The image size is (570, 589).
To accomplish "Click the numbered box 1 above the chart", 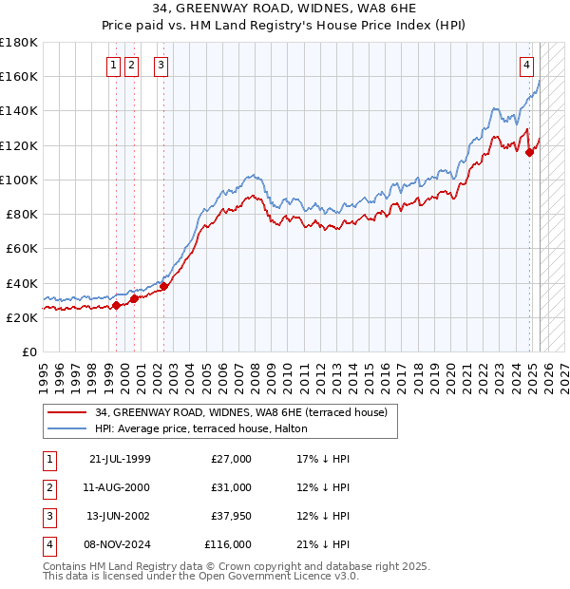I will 113,66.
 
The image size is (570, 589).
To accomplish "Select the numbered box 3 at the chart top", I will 161,66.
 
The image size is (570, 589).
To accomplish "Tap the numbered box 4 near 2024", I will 526,66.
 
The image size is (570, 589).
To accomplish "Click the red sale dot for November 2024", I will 529,153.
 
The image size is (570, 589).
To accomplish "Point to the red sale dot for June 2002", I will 163,286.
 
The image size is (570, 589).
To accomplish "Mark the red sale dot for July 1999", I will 117,305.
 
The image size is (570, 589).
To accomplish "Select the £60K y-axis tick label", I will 21,248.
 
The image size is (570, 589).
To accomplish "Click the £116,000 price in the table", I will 228,545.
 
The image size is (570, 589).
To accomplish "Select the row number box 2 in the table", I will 49,487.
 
